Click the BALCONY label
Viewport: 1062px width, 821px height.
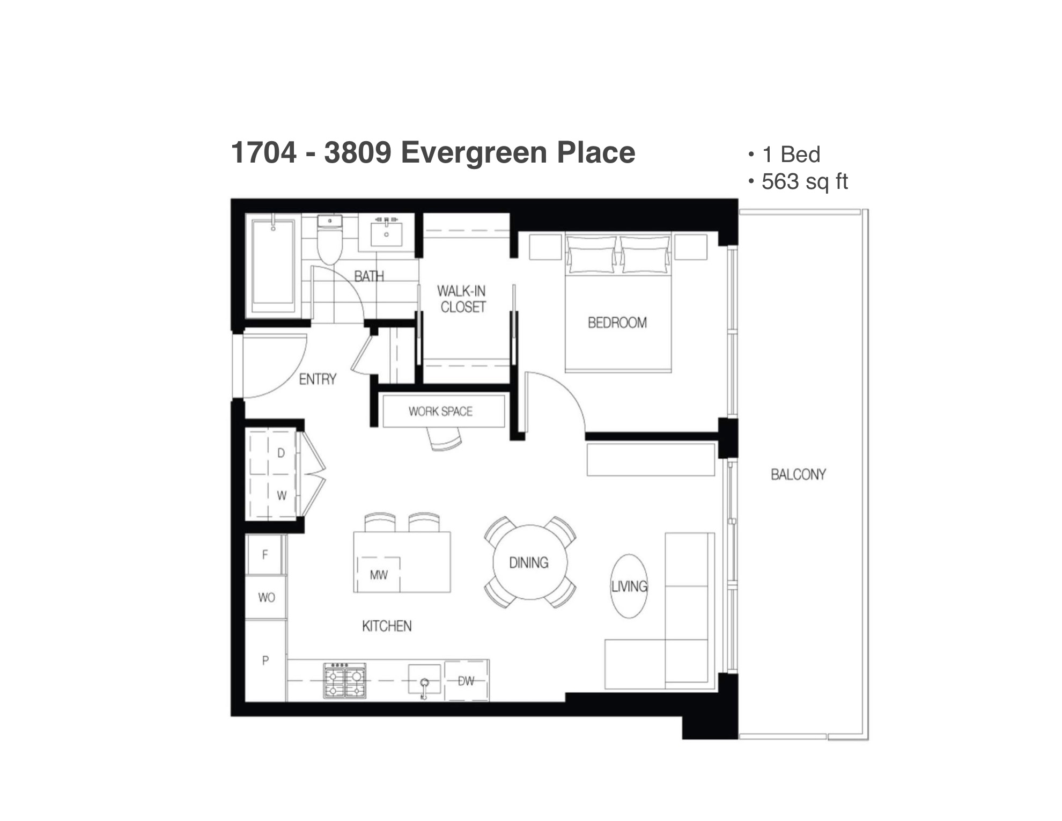click(798, 474)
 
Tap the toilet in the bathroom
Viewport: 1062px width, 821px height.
click(330, 239)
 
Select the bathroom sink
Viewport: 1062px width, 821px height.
click(386, 232)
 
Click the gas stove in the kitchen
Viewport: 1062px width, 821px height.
click(344, 680)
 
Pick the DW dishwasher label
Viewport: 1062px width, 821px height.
click(466, 681)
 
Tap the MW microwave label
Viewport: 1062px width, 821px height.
click(379, 575)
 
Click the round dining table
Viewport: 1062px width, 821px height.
click(529, 562)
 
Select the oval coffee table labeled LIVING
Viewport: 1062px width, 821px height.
click(629, 586)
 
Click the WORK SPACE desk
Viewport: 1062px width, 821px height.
click(444, 411)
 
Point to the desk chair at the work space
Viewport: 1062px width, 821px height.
click(445, 439)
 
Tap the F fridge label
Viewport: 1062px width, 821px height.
click(264, 555)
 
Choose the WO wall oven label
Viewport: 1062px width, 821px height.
click(267, 597)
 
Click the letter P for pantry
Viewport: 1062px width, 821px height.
click(265, 661)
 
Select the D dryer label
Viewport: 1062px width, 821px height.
click(281, 453)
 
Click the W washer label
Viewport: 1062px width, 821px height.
click(282, 496)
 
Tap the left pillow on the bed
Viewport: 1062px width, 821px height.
click(592, 253)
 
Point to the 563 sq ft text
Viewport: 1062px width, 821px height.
click(805, 182)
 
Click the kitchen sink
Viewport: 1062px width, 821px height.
click(424, 680)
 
